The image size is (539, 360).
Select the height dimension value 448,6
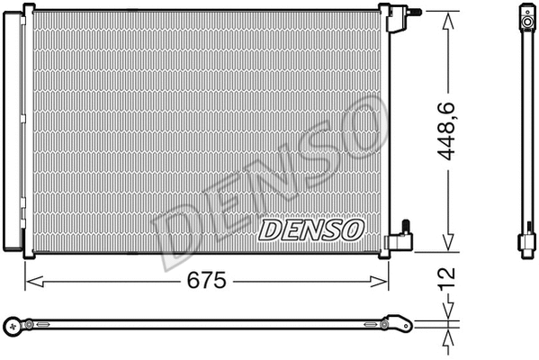448,130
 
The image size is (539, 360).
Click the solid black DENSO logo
311,230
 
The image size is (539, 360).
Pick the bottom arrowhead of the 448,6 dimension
448,246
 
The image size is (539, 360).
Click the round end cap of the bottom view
12,324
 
